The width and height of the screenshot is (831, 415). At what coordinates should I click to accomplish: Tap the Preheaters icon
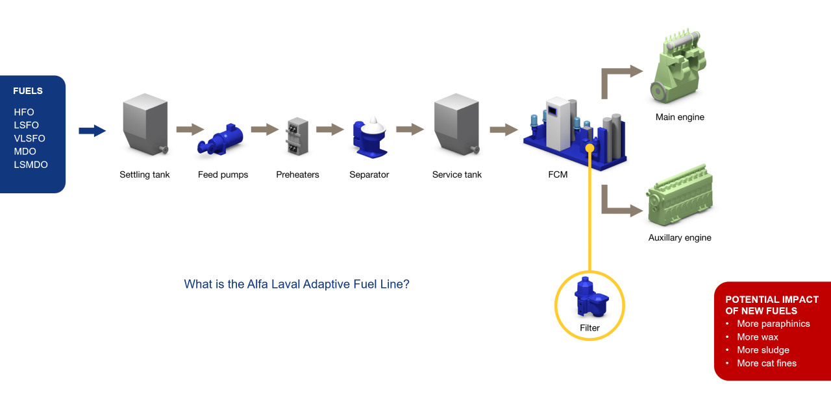click(x=297, y=136)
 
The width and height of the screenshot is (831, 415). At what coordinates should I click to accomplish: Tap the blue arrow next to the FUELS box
click(x=92, y=131)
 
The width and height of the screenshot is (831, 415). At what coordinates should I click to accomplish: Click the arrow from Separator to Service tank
click(x=410, y=130)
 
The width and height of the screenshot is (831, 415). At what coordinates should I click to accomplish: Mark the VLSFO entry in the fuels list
click(x=29, y=138)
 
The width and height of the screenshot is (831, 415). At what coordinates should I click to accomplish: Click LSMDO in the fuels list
click(x=31, y=165)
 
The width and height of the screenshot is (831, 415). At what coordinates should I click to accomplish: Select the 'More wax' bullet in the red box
click(x=757, y=337)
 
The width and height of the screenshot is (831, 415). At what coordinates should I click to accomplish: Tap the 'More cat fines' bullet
click(x=766, y=363)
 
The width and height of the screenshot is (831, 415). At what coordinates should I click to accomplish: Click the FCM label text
click(x=558, y=174)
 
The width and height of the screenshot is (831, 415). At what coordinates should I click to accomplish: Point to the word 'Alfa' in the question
click(x=258, y=284)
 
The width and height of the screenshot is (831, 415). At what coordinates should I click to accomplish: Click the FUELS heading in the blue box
click(x=28, y=91)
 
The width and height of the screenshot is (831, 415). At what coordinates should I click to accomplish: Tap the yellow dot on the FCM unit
click(x=589, y=148)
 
